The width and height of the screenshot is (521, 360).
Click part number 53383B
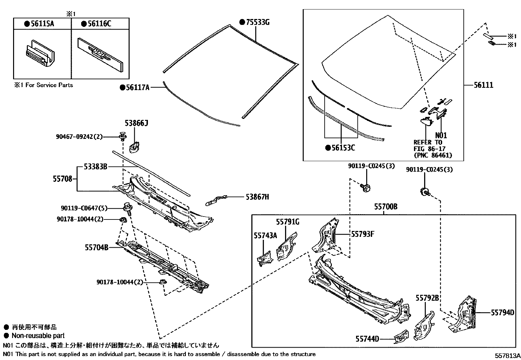tap(96, 167)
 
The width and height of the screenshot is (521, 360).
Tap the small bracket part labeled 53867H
tap(215, 200)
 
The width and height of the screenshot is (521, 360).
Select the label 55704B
tap(97, 248)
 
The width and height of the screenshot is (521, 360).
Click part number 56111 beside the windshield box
tap(483, 85)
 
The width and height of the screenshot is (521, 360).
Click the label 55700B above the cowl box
tap(386, 207)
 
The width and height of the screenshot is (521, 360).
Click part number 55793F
tap(363, 234)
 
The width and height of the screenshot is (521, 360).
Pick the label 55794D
tap(502, 313)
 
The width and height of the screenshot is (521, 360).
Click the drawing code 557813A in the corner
tap(507, 356)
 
